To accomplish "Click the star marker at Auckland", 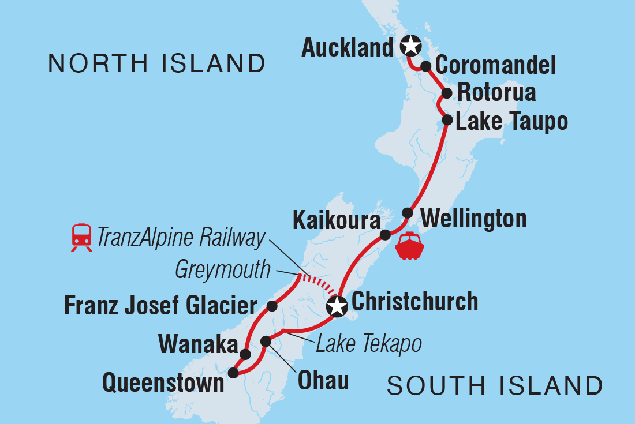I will pos(410,44).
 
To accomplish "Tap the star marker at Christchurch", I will pos(336,306).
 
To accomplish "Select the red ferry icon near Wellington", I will pos(409,246).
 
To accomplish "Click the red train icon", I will pos(82,237).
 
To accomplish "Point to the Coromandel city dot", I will pos(425,66).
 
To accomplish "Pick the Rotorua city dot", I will pos(446,93).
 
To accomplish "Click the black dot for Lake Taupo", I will pos(447,120).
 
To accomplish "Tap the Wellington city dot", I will pos(408,212).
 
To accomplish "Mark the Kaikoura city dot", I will pos(384,234).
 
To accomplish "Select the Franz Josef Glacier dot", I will pos(272,304).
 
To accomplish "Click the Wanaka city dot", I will pos(245,354).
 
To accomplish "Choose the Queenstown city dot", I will pos(233,373).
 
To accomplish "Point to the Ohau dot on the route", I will pos(266,342).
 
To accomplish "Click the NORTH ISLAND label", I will pos(156,63).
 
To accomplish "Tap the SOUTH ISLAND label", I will pos(495,385).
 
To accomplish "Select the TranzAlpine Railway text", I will pos(181,237).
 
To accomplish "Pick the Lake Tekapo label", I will pos(368,344).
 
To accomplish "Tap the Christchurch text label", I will pos(414,302).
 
